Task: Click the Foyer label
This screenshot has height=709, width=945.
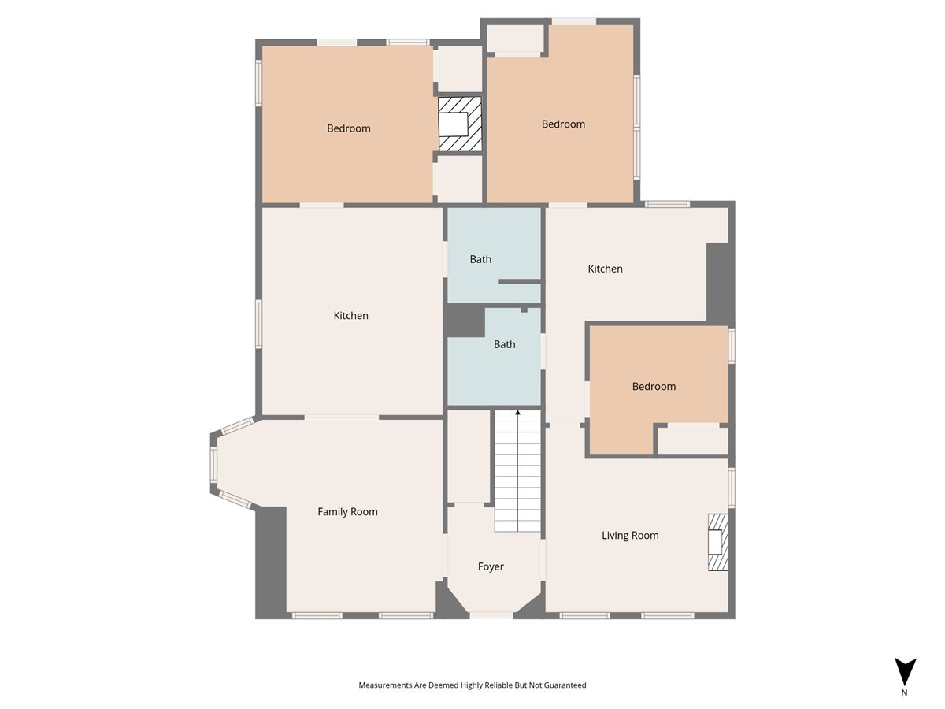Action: click(x=491, y=566)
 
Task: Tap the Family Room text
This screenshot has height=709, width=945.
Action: click(x=347, y=511)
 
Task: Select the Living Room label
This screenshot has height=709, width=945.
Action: click(x=630, y=536)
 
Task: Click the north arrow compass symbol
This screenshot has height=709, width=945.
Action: click(x=905, y=671)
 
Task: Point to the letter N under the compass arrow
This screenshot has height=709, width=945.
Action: click(x=904, y=692)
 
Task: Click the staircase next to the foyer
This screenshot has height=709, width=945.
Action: click(x=517, y=471)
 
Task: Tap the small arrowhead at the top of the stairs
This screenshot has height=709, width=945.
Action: click(x=517, y=413)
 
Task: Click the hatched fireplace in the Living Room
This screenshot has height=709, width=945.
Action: click(x=718, y=542)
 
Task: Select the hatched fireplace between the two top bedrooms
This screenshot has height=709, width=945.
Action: click(x=459, y=124)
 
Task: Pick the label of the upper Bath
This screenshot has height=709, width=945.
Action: click(x=480, y=259)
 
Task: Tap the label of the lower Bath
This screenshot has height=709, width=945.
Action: click(x=504, y=344)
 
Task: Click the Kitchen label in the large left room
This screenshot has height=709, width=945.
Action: click(x=351, y=316)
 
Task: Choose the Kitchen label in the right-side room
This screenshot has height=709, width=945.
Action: click(x=605, y=269)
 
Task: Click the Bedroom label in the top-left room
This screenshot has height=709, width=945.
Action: click(x=348, y=128)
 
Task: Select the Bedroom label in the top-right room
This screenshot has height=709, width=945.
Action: click(x=563, y=124)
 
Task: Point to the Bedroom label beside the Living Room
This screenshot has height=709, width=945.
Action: click(x=654, y=386)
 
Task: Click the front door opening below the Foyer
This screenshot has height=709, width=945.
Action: click(x=491, y=615)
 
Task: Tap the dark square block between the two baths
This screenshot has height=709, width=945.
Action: click(x=464, y=321)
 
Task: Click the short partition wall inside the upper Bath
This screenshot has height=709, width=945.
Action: click(x=520, y=281)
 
